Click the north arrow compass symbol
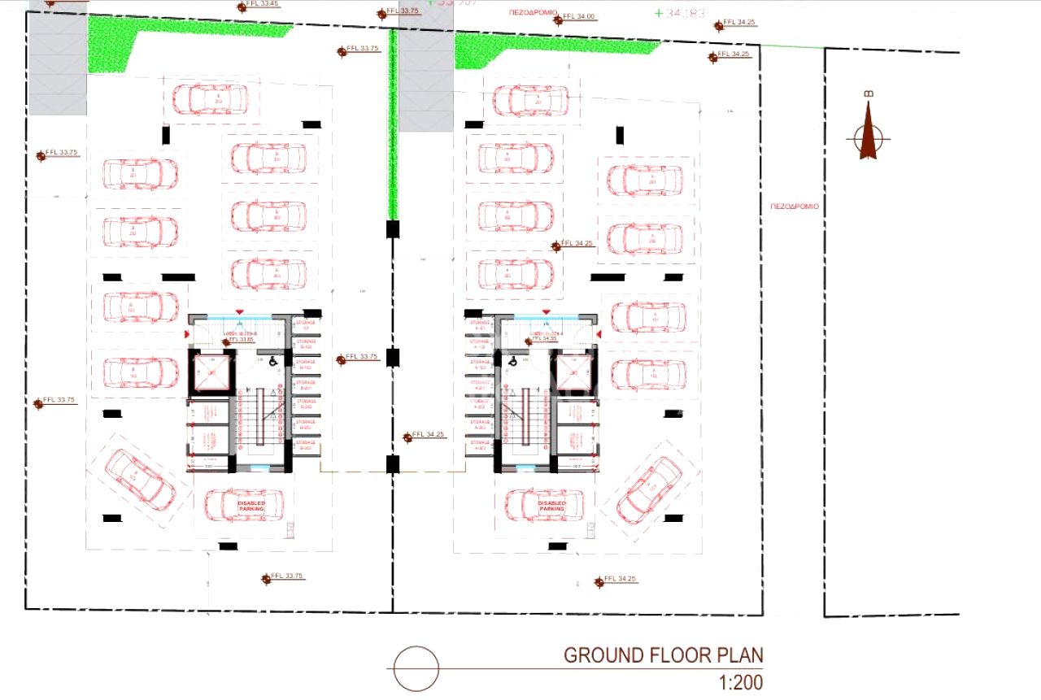click(x=868, y=135)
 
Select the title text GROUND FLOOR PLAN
click(x=664, y=655)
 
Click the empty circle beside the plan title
click(x=416, y=668)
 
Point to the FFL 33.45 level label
click(x=263, y=5)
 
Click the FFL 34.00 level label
click(x=578, y=17)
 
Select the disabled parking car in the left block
click(x=244, y=505)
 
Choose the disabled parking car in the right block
click(x=544, y=505)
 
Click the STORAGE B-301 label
click(x=306, y=446)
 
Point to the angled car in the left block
click(x=139, y=479)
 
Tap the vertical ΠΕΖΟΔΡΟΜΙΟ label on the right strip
click(x=794, y=207)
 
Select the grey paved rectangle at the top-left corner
click(x=57, y=65)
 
